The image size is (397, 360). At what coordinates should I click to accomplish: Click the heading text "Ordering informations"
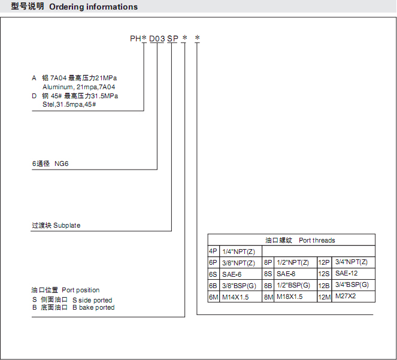coord(93,7)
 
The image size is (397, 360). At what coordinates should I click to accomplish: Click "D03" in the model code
coord(157,39)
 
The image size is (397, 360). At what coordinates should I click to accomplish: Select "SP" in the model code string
coord(172,39)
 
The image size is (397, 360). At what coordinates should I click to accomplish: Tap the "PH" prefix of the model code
coord(135,39)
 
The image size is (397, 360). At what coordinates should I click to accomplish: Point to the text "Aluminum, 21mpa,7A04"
coord(79,87)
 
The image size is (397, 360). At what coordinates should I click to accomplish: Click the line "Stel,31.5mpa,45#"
coord(69,104)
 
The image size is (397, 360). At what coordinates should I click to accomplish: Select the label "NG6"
coord(62,164)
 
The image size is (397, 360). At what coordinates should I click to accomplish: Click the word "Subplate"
coord(67,225)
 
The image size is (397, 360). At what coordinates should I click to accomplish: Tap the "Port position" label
coord(80,290)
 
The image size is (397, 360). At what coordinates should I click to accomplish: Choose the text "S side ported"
coord(92,300)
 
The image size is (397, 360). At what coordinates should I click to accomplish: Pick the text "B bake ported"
coord(93,307)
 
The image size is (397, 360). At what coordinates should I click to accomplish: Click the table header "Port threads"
coord(317,240)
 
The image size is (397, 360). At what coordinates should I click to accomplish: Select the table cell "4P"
coord(213,251)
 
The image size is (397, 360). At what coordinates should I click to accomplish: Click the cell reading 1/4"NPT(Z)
coord(238,252)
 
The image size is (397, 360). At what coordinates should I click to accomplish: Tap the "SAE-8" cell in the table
coord(286,274)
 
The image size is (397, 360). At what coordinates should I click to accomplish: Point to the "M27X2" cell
coord(346,296)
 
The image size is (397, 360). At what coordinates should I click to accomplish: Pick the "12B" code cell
coord(324,286)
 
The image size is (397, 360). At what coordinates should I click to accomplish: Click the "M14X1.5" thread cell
coord(235,297)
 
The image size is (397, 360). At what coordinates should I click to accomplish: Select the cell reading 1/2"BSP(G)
coord(293,285)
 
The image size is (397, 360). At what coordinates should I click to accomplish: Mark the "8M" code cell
coord(268,297)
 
